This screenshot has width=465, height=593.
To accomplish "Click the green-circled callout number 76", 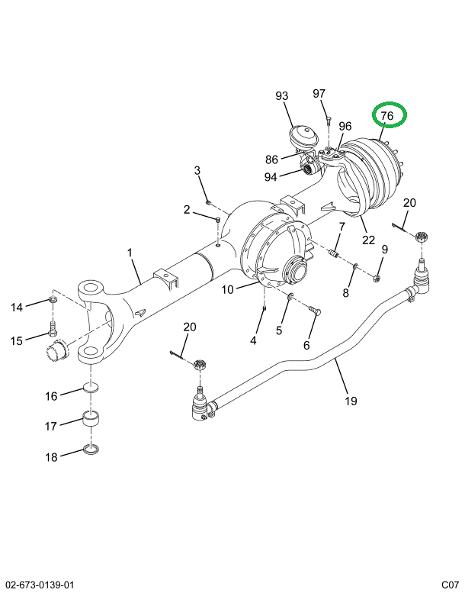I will (387, 116).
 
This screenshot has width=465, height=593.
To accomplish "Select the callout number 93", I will (282, 96).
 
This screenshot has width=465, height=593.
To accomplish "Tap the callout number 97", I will (319, 93).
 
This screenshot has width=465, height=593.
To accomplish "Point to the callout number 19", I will (350, 401).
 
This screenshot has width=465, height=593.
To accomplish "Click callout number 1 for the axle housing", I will (130, 253).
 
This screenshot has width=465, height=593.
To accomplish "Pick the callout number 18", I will (51, 457).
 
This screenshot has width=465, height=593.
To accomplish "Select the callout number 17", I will (51, 426).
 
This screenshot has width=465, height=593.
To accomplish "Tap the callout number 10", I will (227, 289).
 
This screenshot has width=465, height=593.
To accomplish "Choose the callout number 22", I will (368, 240).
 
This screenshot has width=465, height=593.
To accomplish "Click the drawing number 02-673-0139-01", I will (40, 585).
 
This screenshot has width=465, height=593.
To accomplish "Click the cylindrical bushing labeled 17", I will (94, 421).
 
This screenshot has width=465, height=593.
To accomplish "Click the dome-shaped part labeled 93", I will (304, 140).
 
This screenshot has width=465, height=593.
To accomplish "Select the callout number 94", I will (271, 178).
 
